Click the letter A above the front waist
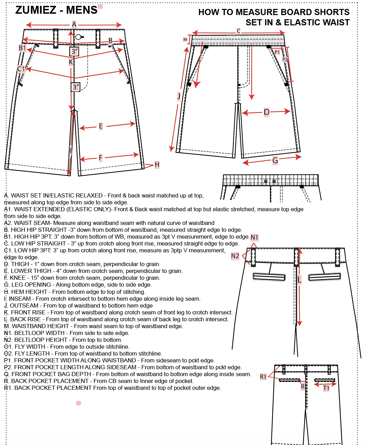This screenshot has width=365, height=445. pyautogui.click(x=74, y=24)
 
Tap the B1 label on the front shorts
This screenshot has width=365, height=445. pyautogui.click(x=22, y=48)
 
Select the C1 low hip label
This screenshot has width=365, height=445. pyautogui.click(x=21, y=69)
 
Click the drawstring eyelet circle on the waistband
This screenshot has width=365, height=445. pyautogui.click(x=78, y=37)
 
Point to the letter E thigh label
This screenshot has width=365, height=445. pyautogui.click(x=101, y=126)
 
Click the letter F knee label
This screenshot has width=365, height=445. pyautogui.click(x=101, y=158)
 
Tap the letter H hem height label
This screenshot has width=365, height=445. pyautogui.click(x=157, y=164)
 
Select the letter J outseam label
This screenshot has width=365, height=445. pyautogui.click(x=179, y=96)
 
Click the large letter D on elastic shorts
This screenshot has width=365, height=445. pyautogui.click(x=267, y=112)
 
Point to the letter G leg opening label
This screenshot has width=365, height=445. pyautogui.click(x=275, y=160)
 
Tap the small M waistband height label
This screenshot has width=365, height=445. pyautogui.click(x=185, y=39)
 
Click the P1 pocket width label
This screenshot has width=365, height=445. pyautogui.click(x=277, y=52)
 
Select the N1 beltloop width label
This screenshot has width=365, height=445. pyautogui.click(x=255, y=237)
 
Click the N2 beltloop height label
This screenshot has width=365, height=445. pyautogui.click(x=235, y=256)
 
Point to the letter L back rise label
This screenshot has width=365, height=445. pyautogui.click(x=299, y=280)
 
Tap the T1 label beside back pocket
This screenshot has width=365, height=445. pyautogui.click(x=326, y=388)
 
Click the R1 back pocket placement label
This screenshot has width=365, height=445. pyautogui.click(x=263, y=377)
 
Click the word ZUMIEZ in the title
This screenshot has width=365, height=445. pyautogui.click(x=36, y=10)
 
